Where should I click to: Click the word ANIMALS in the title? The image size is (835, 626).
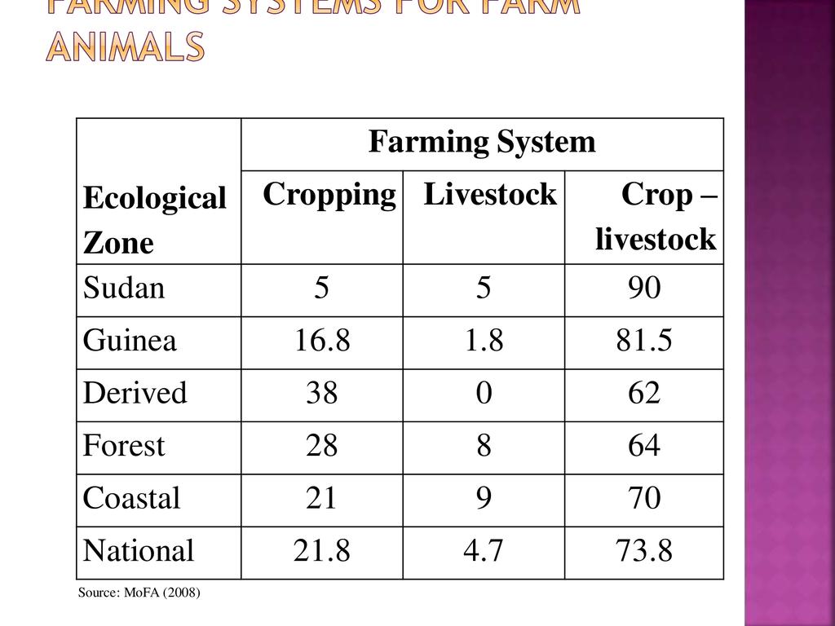tap(125, 47)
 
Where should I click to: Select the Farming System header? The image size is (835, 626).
tap(482, 143)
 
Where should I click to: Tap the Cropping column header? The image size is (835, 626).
tap(329, 195)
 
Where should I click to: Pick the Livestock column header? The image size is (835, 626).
tap(490, 195)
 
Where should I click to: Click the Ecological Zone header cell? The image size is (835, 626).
tap(154, 220)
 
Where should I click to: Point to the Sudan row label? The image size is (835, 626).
tap(124, 289)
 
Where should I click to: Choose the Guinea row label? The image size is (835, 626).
tap(130, 341)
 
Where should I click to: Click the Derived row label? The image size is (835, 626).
tap(135, 394)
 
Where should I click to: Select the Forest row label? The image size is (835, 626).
tap(124, 446)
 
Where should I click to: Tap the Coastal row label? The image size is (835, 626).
tap(131, 498)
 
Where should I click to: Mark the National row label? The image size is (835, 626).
tap(139, 551)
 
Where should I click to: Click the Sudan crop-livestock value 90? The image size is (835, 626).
tap(644, 289)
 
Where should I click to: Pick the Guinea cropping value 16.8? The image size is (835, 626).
tap(322, 341)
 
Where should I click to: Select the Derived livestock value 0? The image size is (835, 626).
tap(484, 394)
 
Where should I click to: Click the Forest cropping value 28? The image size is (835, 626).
tap(322, 446)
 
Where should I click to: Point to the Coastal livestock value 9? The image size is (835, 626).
tap(484, 498)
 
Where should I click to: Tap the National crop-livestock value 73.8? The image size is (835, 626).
tap(644, 551)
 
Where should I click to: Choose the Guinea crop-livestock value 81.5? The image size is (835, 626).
tap(644, 341)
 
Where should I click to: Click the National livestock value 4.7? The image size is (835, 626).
tap(484, 551)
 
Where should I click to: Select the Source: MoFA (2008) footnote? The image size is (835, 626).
tap(139, 593)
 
